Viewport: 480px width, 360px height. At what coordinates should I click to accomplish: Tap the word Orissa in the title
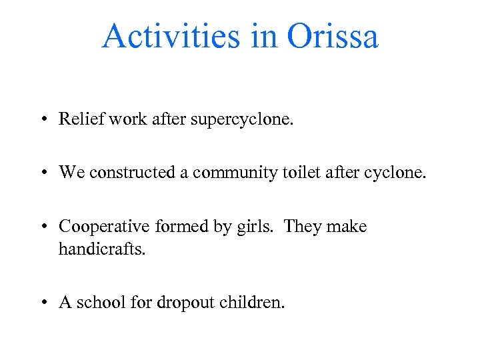pyautogui.click(x=333, y=36)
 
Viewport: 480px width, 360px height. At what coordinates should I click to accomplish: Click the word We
pyautogui.click(x=71, y=173)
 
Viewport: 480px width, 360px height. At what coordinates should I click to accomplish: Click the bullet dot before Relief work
pyautogui.click(x=42, y=120)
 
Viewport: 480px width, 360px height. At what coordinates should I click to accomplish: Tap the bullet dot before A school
pyautogui.click(x=42, y=303)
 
